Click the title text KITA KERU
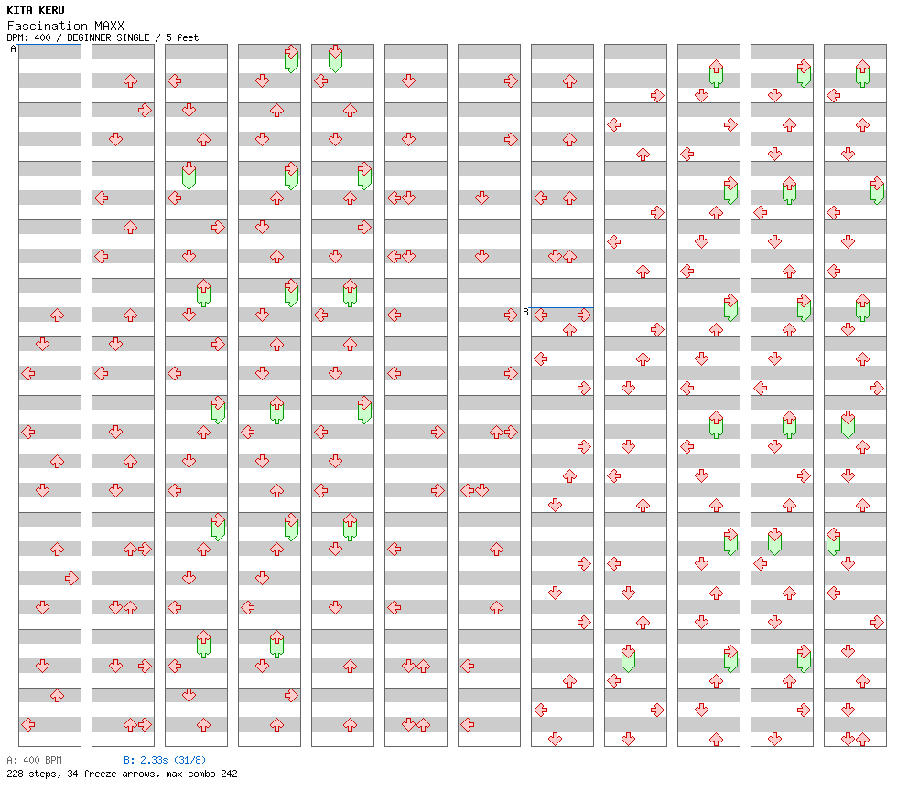(36, 10)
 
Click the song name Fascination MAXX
(65, 26)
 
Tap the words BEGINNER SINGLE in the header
(108, 37)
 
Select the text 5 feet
(182, 37)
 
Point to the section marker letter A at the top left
(14, 49)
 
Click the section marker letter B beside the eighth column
(525, 313)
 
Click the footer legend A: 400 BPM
(34, 760)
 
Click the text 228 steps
(32, 774)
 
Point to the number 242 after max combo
(229, 774)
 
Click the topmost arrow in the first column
(57, 315)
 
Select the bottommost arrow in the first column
(27, 724)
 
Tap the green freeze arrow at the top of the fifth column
(335, 58)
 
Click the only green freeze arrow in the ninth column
(628, 657)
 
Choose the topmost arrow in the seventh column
(511, 81)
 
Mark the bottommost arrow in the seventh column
(468, 724)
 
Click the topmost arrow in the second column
(130, 81)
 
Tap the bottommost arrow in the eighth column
(555, 739)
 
